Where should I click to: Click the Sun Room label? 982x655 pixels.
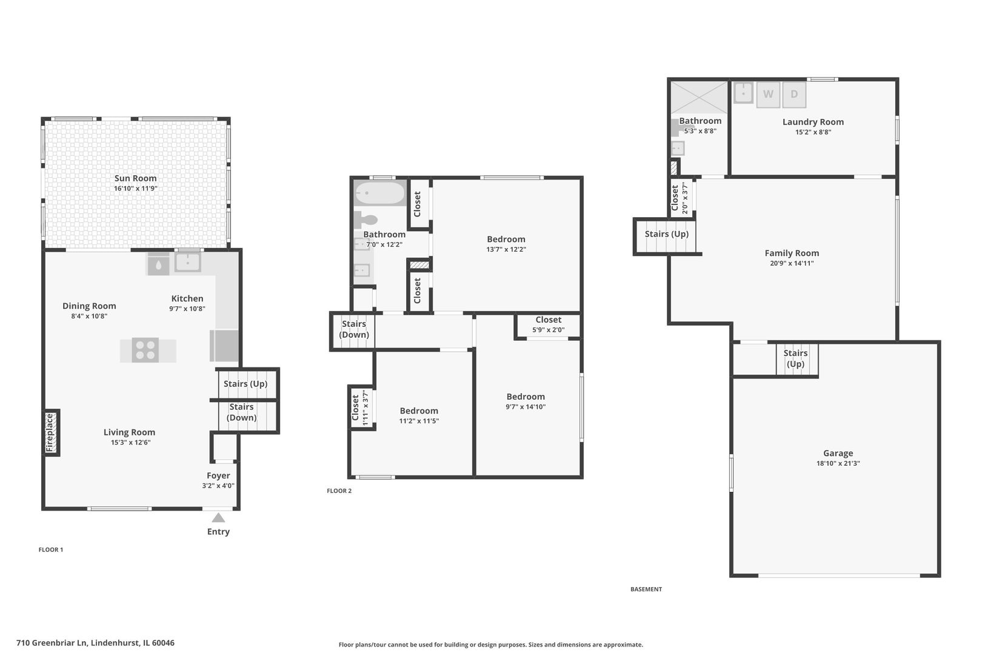tap(135, 178)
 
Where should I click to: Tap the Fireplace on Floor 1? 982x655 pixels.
tap(51, 432)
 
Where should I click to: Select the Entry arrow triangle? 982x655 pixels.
tap(218, 517)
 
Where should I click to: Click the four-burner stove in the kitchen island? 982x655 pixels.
tap(145, 350)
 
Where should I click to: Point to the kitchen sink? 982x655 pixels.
tap(188, 263)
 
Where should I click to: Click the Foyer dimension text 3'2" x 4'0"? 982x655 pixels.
tap(218, 486)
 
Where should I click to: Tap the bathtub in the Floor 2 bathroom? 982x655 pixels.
tap(380, 193)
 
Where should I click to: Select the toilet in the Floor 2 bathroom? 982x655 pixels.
tap(366, 220)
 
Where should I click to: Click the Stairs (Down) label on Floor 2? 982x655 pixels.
tap(354, 329)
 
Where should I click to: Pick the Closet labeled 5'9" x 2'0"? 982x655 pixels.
tap(548, 324)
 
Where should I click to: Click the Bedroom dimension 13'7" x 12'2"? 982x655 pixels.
tap(506, 249)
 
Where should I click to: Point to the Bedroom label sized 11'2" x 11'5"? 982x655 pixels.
tap(419, 411)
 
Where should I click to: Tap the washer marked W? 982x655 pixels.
tap(768, 95)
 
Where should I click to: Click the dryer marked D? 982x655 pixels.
tap(794, 95)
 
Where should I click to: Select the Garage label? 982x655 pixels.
tap(838, 453)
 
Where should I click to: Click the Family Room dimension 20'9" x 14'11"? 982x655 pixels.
tap(792, 263)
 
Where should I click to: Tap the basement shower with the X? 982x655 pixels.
tap(698, 97)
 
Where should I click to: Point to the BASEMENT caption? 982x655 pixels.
tap(646, 589)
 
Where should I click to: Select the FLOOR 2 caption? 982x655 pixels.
tap(339, 491)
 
